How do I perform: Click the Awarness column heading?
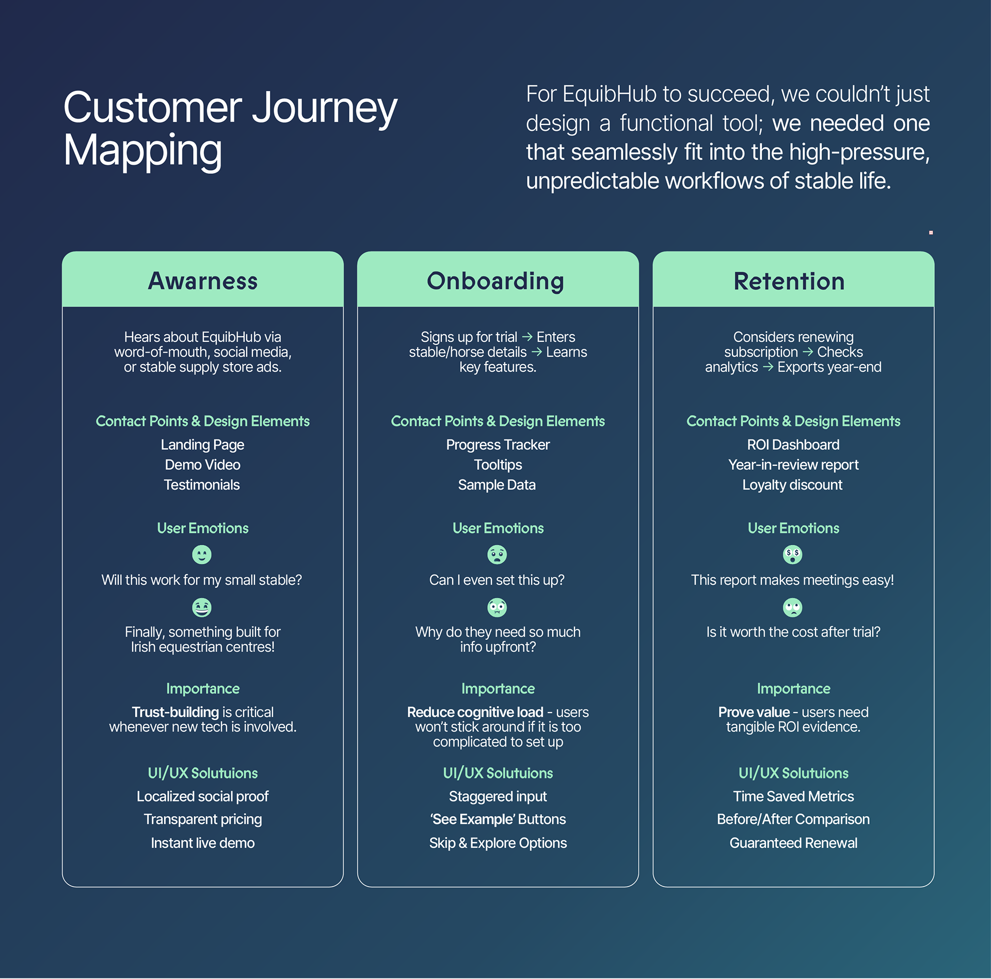click(x=202, y=281)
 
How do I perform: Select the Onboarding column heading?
click(x=495, y=281)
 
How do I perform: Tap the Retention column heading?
click(x=789, y=281)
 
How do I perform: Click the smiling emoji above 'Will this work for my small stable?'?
click(x=202, y=555)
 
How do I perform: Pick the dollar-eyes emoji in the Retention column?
click(x=792, y=555)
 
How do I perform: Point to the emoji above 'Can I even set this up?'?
click(x=497, y=555)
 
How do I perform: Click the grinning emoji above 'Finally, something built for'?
click(x=202, y=607)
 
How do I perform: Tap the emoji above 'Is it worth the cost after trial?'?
click(x=792, y=607)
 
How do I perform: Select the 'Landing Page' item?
click(x=202, y=445)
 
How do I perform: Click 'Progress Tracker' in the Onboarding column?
click(x=498, y=445)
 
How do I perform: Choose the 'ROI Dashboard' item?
click(x=793, y=445)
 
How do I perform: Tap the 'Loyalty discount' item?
click(x=792, y=485)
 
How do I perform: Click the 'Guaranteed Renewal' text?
click(x=793, y=843)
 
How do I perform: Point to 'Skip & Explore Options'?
click(x=498, y=843)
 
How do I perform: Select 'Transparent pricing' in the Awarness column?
click(x=202, y=819)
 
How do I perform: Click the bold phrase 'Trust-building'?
click(x=175, y=712)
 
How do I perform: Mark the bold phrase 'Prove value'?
click(x=754, y=712)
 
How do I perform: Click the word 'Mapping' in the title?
click(x=142, y=150)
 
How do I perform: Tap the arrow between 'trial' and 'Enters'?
click(x=527, y=337)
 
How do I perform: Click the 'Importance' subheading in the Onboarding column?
click(x=498, y=688)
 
